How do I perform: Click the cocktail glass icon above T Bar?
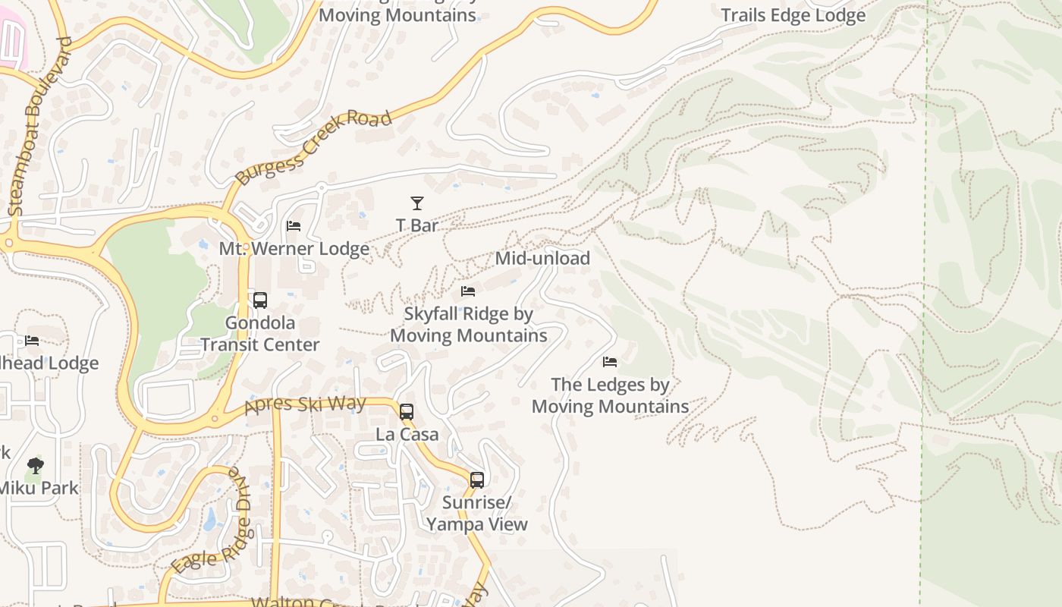[417, 203]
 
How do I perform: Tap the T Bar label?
[417, 225]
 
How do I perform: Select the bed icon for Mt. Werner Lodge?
[294, 226]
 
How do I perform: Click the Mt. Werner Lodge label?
[294, 249]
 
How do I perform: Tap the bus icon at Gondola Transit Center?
[260, 300]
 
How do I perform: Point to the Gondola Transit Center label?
[260, 334]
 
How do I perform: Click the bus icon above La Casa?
[407, 412]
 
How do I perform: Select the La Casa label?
[407, 434]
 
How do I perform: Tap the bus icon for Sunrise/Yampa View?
[476, 480]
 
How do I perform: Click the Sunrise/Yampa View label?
[476, 514]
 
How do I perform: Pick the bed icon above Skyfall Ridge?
[468, 291]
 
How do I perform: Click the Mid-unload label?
[542, 258]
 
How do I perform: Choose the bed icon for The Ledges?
[610, 362]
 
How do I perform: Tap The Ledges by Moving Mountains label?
[610, 395]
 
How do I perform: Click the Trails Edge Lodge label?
[793, 15]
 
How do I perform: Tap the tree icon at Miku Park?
[35, 466]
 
